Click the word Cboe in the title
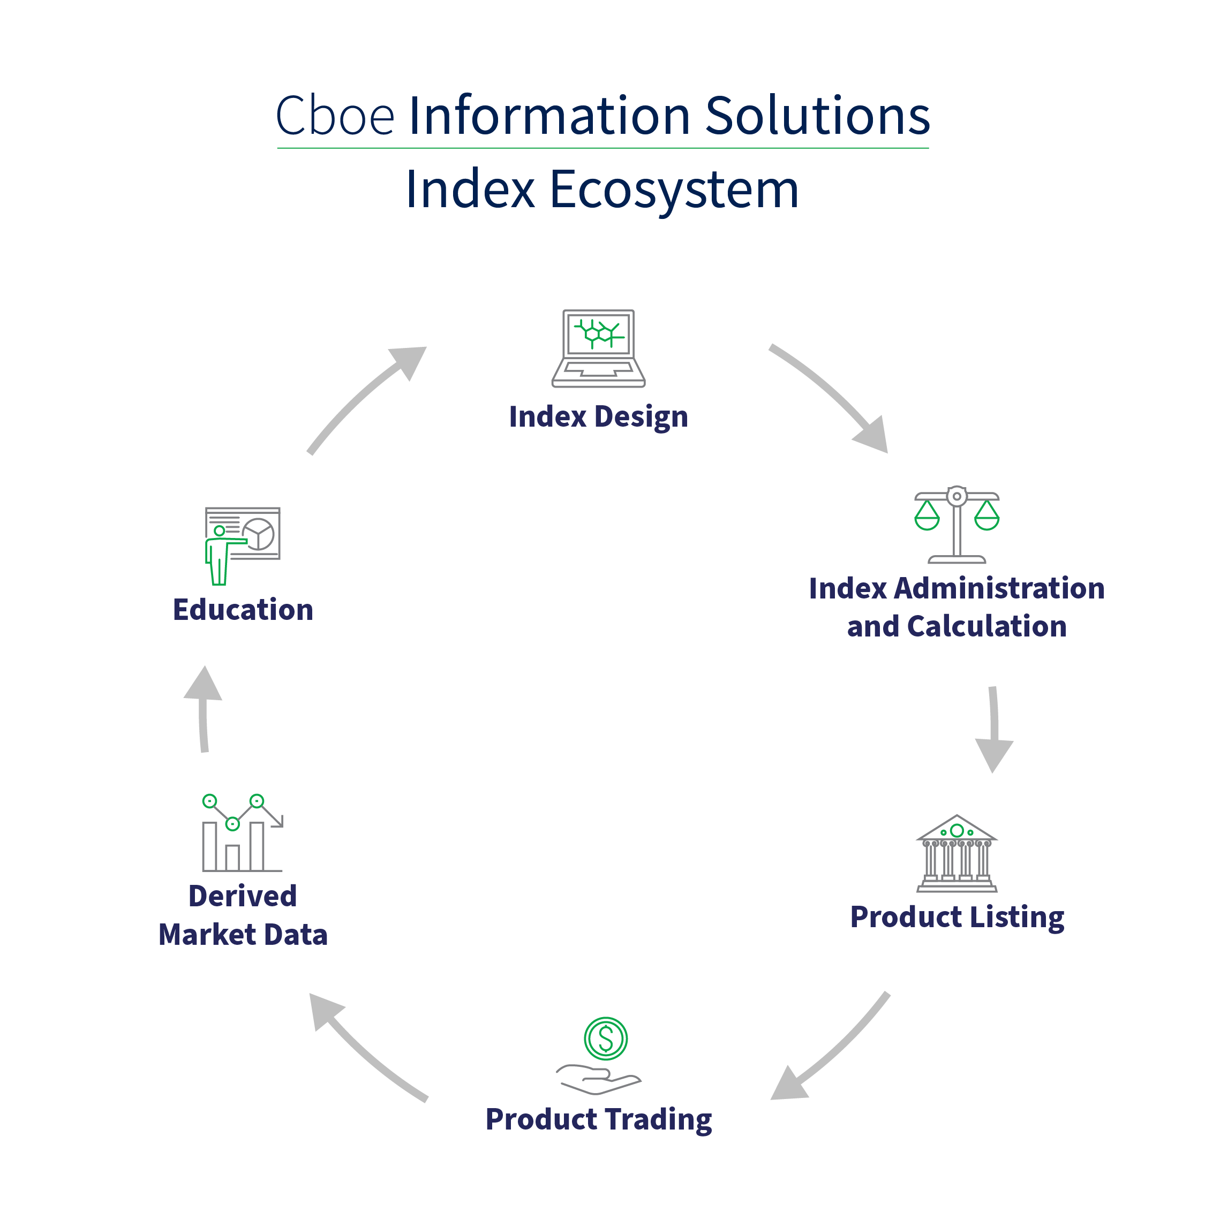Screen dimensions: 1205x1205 click(x=335, y=116)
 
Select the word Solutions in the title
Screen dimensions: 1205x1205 click(x=817, y=116)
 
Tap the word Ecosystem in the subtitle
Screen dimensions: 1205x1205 click(x=673, y=190)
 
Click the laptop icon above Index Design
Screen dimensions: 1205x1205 click(x=598, y=348)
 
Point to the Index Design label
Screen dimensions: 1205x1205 click(x=598, y=416)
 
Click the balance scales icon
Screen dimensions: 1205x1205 click(x=956, y=524)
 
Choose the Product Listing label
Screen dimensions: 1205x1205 click(x=957, y=917)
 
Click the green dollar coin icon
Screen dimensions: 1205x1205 click(x=605, y=1039)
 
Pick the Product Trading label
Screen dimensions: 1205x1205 click(x=598, y=1119)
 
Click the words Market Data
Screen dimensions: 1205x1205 click(x=243, y=934)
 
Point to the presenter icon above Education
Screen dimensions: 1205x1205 click(x=242, y=545)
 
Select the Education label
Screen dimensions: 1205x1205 click(x=243, y=610)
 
